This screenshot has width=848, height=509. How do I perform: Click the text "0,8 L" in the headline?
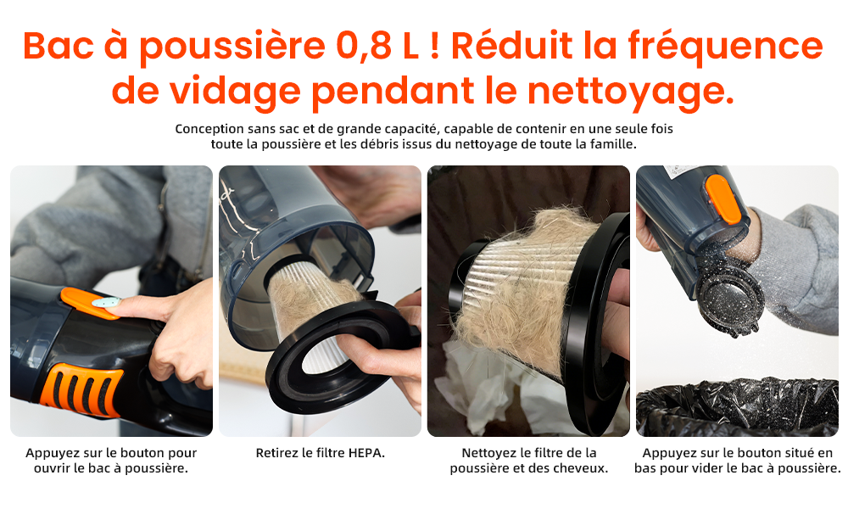coord(377,46)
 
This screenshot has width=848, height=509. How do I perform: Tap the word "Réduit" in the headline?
coord(511,46)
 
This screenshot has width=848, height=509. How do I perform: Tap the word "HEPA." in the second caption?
coord(366,453)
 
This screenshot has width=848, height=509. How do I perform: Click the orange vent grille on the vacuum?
coord(82,389)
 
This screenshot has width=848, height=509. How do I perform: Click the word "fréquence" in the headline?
coord(725,47)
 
